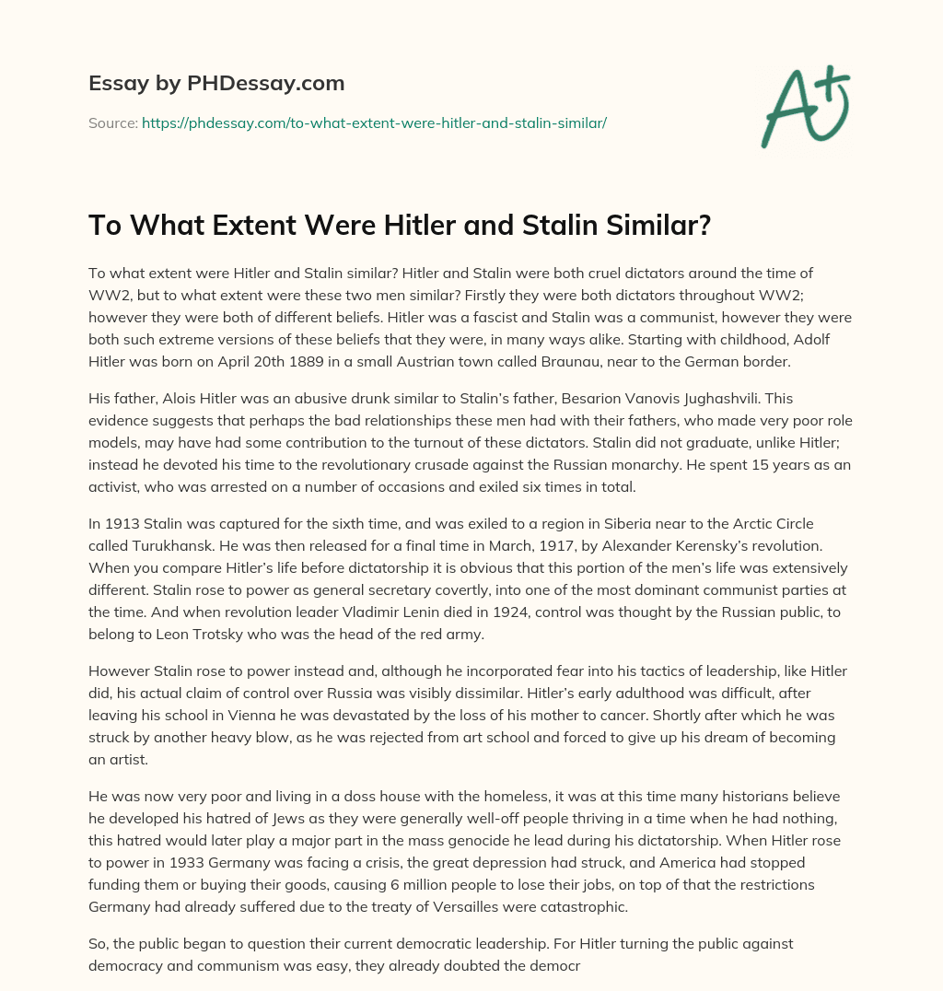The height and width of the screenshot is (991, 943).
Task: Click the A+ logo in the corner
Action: (x=805, y=110)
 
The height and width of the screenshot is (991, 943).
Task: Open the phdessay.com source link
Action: (x=374, y=122)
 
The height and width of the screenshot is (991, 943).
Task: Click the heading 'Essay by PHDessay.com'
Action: (x=216, y=84)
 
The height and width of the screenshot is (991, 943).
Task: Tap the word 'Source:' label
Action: (x=113, y=122)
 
